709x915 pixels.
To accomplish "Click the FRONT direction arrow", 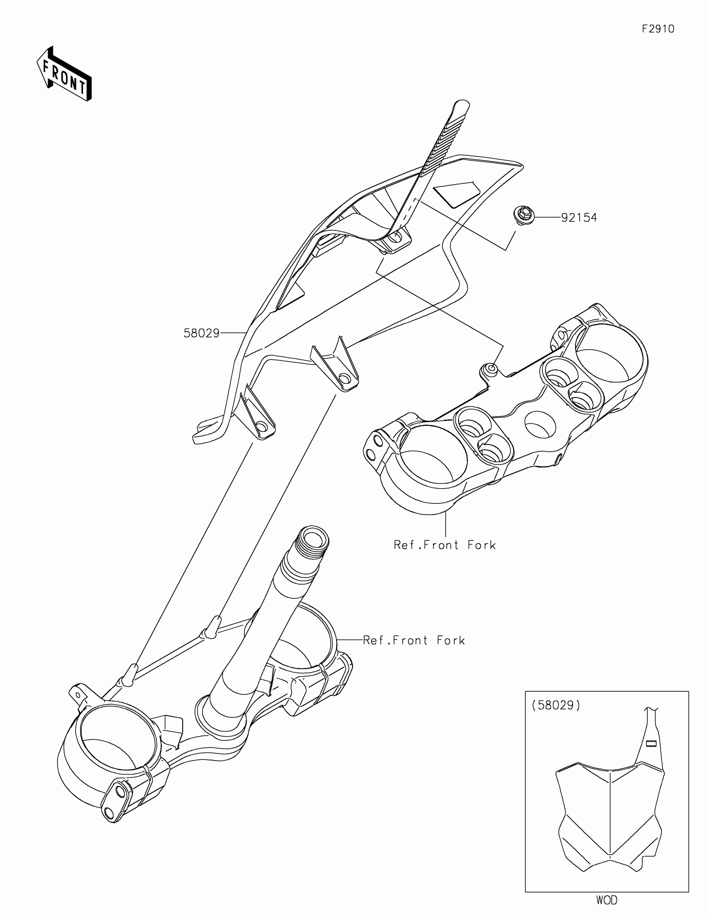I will [x=64, y=74].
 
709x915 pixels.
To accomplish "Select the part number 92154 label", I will [x=579, y=218].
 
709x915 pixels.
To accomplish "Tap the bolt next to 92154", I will [x=523, y=216].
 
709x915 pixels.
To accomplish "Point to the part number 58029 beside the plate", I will [x=201, y=333].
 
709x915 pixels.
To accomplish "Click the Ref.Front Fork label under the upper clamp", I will [x=445, y=545].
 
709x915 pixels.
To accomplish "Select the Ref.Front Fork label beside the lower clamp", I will [x=414, y=640].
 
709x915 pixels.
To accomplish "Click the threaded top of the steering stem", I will [x=312, y=540].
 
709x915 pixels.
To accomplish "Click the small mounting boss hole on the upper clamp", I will [x=491, y=369].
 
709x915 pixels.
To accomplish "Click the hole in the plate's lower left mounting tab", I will [x=261, y=427].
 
